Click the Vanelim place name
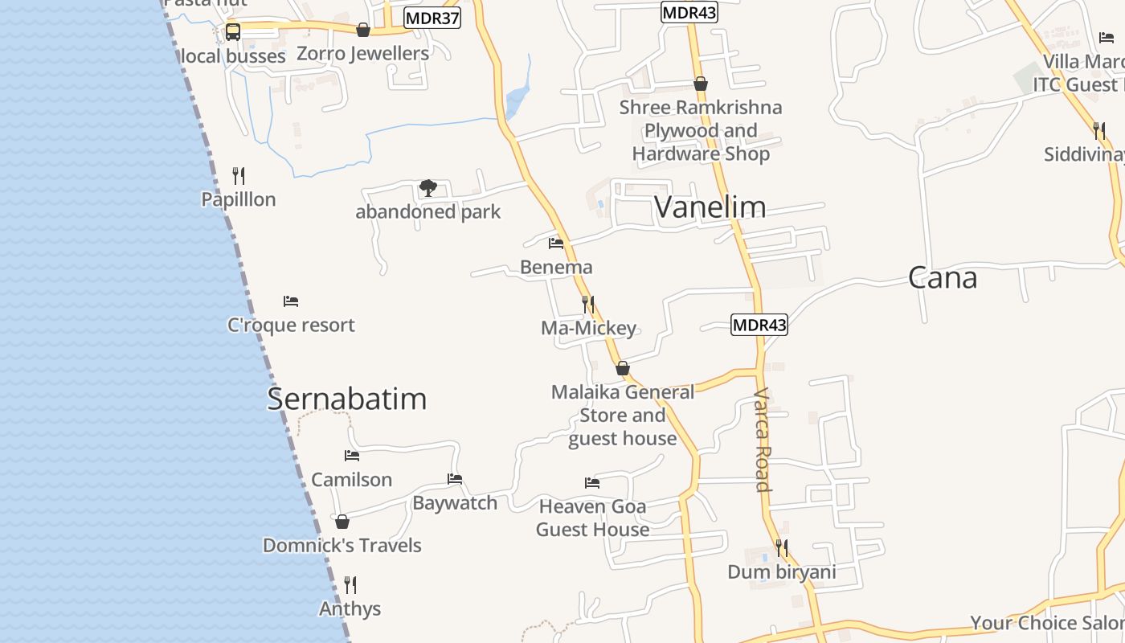click(x=710, y=207)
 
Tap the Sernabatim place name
click(x=346, y=399)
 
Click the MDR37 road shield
click(x=432, y=18)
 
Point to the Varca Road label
click(x=762, y=440)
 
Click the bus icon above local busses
click(x=232, y=32)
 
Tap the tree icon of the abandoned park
click(x=428, y=189)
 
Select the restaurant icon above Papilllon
click(x=238, y=175)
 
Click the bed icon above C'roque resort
click(x=291, y=301)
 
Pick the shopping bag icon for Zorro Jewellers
click(x=363, y=30)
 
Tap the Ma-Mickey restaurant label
click(x=588, y=328)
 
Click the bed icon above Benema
click(x=556, y=243)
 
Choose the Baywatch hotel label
click(x=455, y=503)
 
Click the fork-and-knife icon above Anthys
click(x=350, y=584)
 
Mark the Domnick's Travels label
click(x=342, y=545)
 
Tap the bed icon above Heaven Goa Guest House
click(x=592, y=483)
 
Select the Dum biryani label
click(x=781, y=572)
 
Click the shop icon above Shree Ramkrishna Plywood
click(x=701, y=84)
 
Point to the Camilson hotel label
click(x=351, y=480)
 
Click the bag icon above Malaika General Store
click(x=623, y=369)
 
